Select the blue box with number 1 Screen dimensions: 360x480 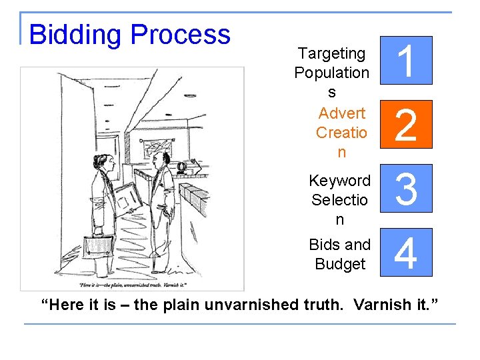pyautogui.click(x=407, y=60)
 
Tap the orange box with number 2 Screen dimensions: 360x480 pyautogui.click(x=407, y=124)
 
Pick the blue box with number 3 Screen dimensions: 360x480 pyautogui.click(x=407, y=188)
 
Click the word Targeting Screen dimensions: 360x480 pyautogui.click(x=331, y=53)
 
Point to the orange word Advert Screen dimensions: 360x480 pyautogui.click(x=341, y=113)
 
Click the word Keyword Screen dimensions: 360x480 pyautogui.click(x=340, y=181)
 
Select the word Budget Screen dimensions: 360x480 pyautogui.click(x=340, y=264)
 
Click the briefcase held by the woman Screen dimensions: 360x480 pyautogui.click(x=98, y=245)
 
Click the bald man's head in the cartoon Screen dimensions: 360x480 pyautogui.click(x=161, y=159)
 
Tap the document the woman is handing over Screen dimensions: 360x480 pyautogui.click(x=127, y=197)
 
